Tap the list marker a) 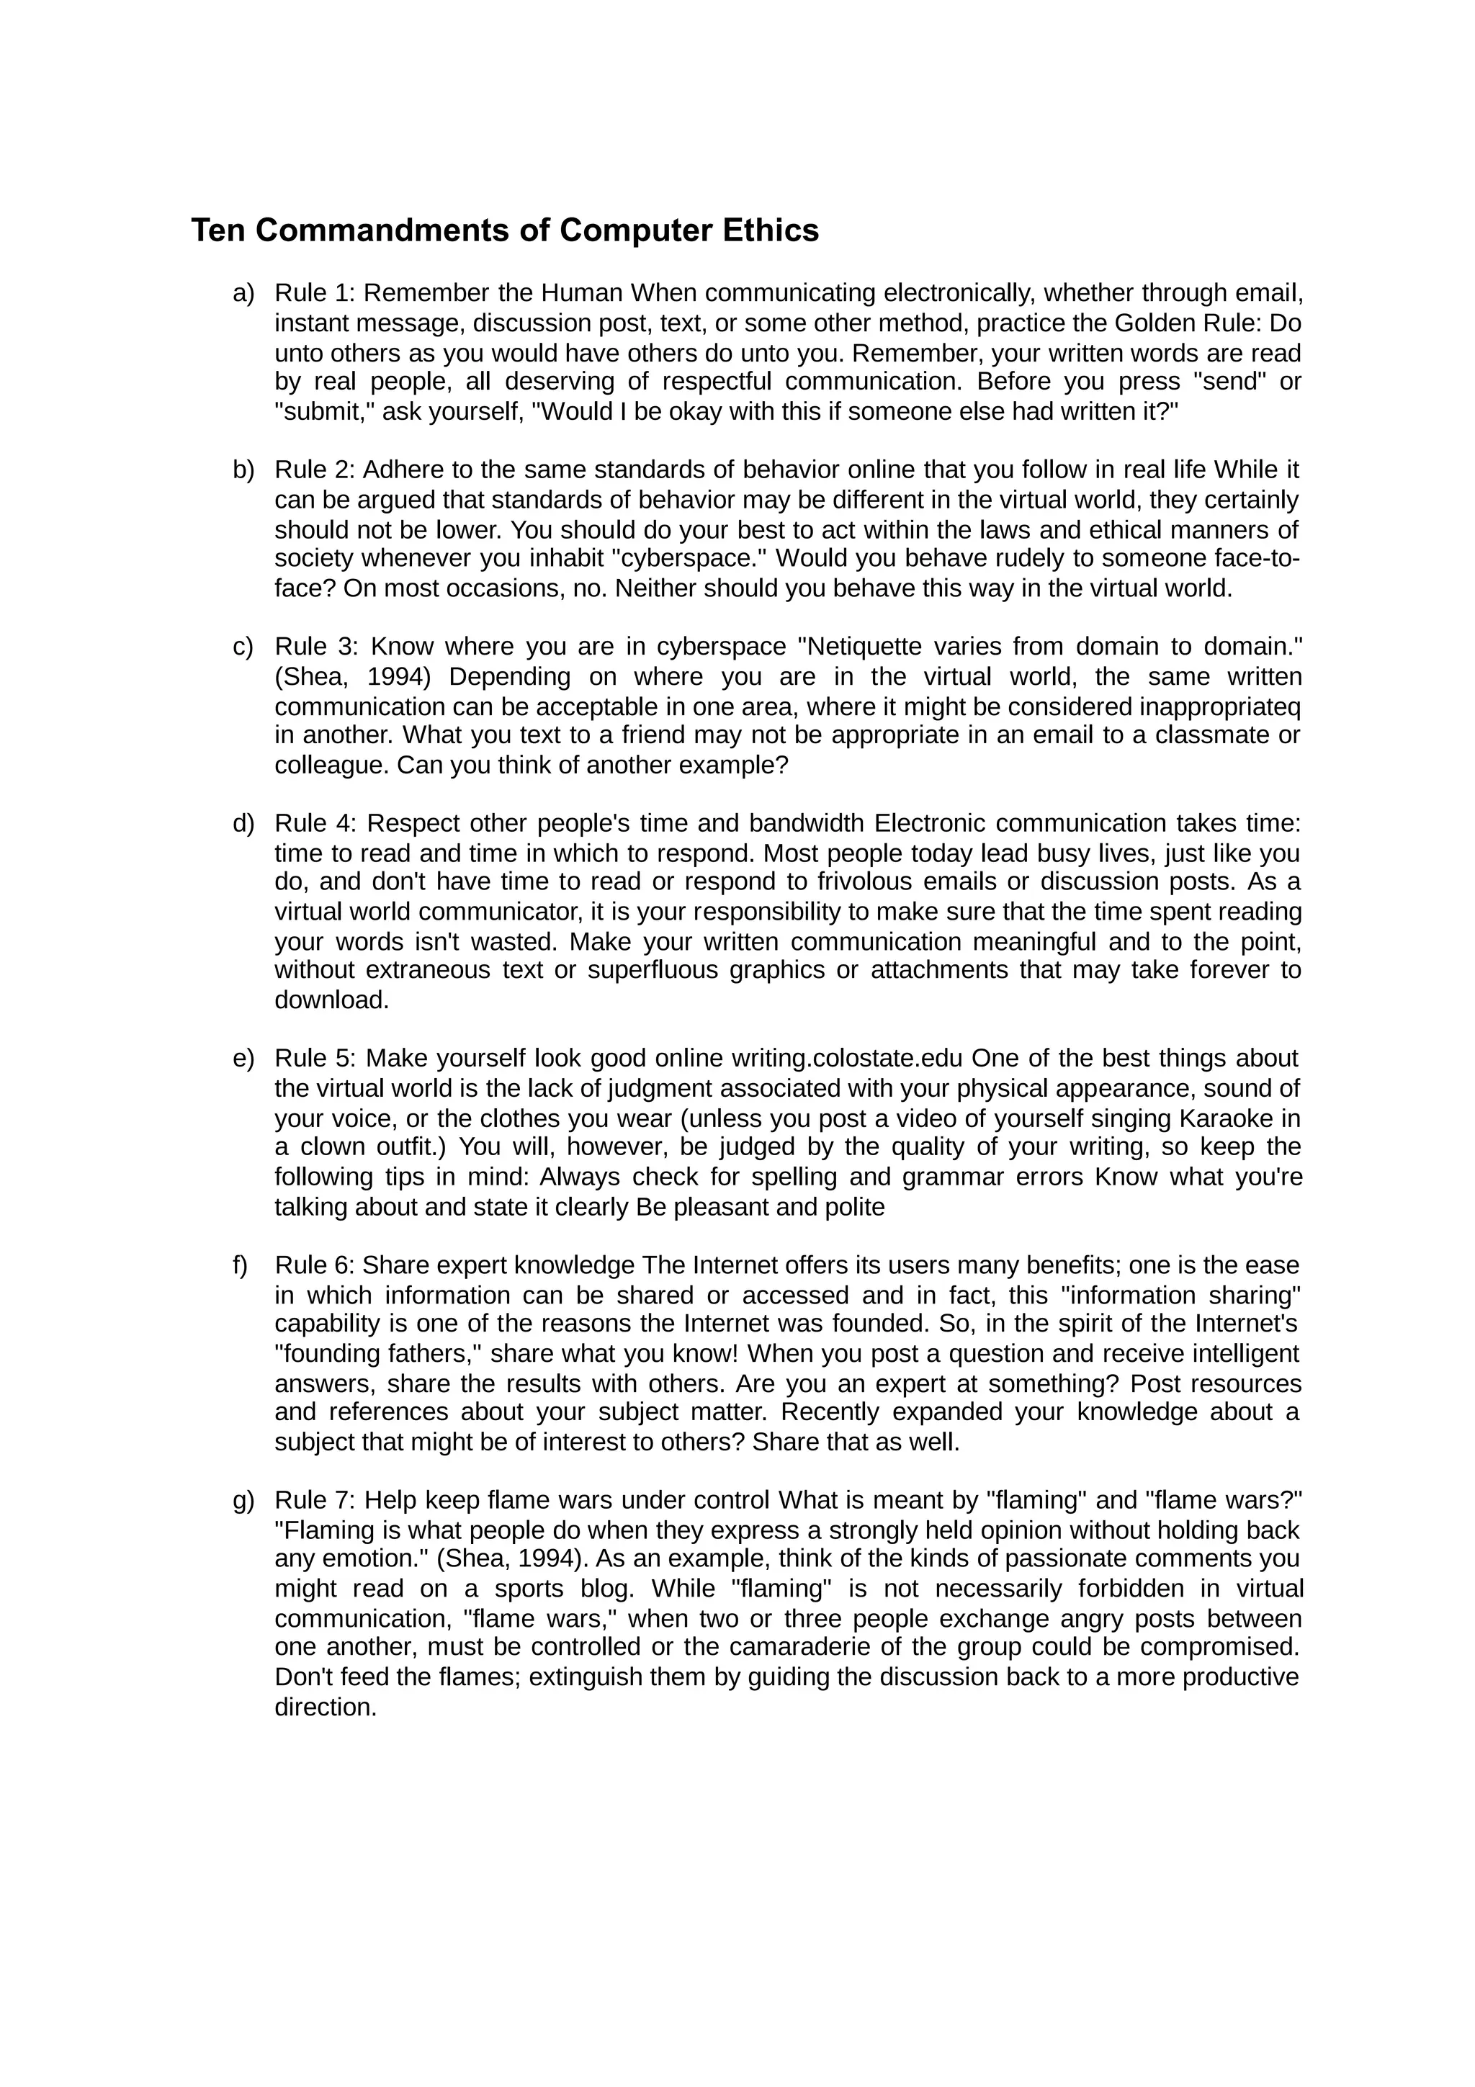pos(243,294)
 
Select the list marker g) pos(243,1500)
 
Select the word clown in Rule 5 pos(332,1147)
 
